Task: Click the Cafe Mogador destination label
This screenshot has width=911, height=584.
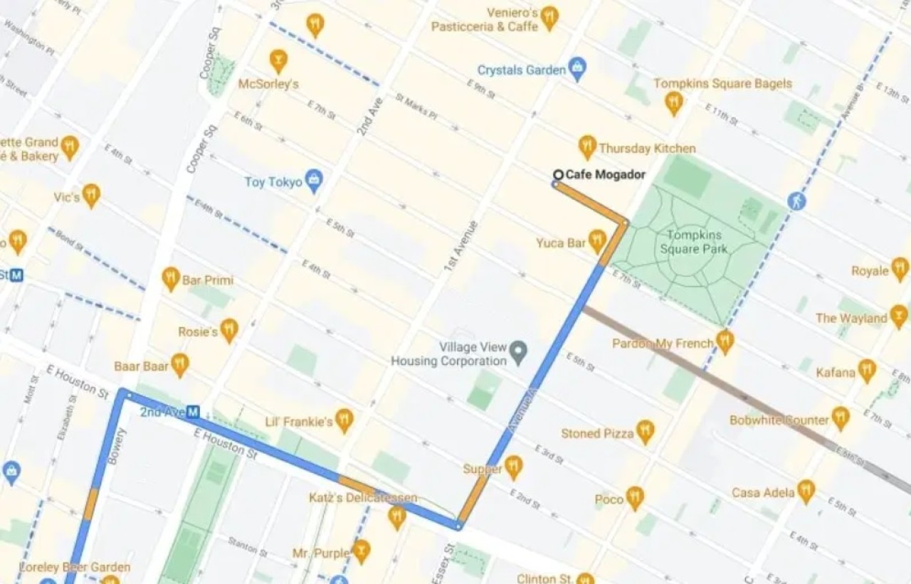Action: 605,175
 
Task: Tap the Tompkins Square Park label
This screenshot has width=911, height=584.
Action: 694,242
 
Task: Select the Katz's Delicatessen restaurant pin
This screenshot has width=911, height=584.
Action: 397,516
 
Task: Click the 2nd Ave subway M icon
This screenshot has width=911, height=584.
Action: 193,412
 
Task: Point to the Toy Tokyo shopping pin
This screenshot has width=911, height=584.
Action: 313,181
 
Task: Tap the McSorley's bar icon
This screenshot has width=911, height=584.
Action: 278,60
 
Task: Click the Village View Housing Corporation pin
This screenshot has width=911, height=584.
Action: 520,349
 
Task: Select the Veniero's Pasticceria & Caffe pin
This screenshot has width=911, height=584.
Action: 549,17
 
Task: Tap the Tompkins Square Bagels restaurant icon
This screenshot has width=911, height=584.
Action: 674,103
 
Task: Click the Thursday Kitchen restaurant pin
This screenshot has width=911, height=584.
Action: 587,147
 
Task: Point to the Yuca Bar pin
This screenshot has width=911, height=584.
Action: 597,241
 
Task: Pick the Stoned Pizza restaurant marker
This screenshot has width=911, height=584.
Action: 645,431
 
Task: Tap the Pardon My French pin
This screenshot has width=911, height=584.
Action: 725,341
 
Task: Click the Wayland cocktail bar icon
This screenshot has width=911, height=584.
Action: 899,317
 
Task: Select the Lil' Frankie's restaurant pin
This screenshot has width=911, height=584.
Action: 344,420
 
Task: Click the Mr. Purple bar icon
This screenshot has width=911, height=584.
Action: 362,551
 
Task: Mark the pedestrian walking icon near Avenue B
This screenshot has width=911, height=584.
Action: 797,201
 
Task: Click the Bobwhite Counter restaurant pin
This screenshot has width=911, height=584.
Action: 841,418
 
